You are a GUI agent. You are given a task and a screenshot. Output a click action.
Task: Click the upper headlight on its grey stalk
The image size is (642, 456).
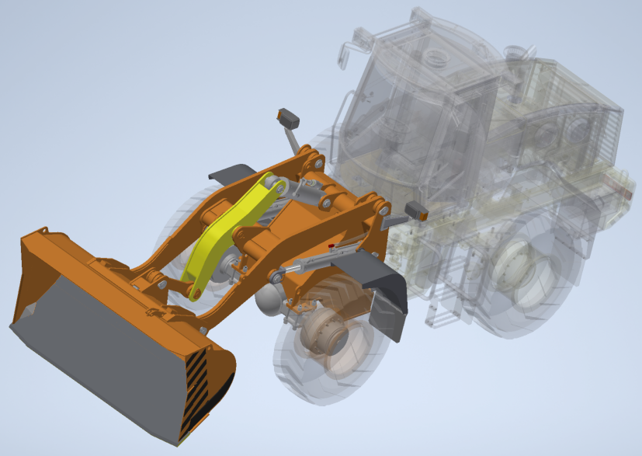[x=289, y=120]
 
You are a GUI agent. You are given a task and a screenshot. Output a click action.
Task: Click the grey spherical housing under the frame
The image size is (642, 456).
[x=270, y=299]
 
